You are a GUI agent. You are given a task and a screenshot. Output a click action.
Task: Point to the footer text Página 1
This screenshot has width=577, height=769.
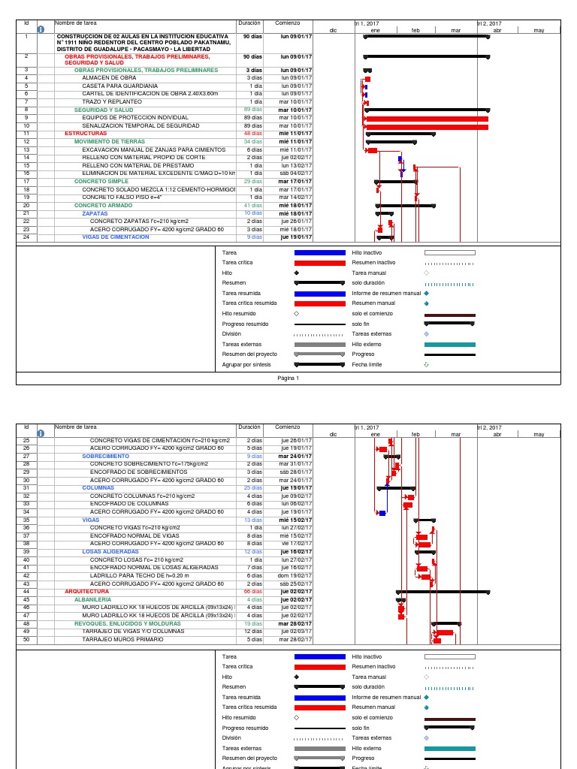288,378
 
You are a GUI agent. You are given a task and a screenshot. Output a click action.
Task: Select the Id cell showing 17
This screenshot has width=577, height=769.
26,181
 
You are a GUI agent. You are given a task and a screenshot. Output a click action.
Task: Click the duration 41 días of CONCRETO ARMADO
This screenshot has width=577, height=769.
252,205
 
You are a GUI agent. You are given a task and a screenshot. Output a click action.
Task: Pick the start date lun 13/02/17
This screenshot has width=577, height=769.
296,165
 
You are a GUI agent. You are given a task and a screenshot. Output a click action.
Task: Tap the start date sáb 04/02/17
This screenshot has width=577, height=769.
296,173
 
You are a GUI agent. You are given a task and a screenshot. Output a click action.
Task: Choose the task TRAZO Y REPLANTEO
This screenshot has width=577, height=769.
112,101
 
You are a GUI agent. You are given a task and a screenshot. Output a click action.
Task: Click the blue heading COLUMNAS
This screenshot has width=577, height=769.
98,487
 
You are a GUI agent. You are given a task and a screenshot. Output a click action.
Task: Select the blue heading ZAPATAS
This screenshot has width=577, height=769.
95,213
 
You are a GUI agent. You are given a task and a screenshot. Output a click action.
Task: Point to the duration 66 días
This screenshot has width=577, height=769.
252,592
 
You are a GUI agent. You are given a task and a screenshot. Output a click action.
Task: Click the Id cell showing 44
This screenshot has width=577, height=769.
26,592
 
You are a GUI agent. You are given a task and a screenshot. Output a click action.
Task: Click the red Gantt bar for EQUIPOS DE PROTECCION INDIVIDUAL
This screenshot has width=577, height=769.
426,118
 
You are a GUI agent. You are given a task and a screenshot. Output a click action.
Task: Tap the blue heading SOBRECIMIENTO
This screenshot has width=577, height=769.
104,456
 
